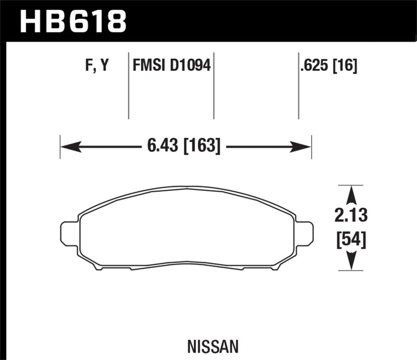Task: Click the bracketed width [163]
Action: coord(200,146)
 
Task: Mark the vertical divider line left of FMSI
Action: coord(129,86)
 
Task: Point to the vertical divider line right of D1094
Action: coord(214,86)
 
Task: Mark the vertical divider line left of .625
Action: coord(298,86)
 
